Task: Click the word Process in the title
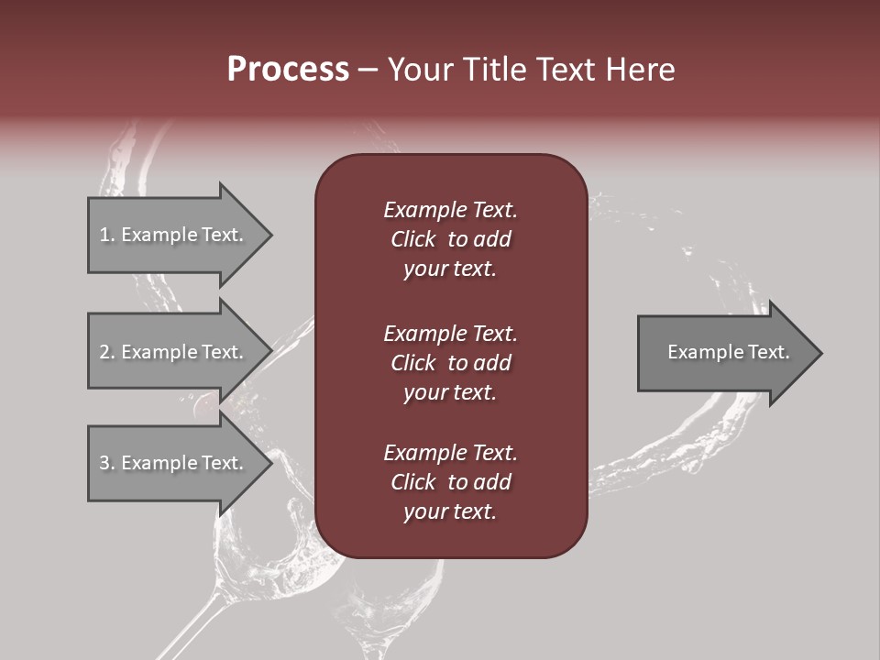(x=288, y=70)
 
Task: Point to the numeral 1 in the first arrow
(x=104, y=235)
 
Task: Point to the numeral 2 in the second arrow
(x=104, y=352)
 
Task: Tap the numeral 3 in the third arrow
(x=104, y=463)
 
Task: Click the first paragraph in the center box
(x=450, y=239)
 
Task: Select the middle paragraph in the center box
(x=450, y=362)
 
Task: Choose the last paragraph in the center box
(x=450, y=482)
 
